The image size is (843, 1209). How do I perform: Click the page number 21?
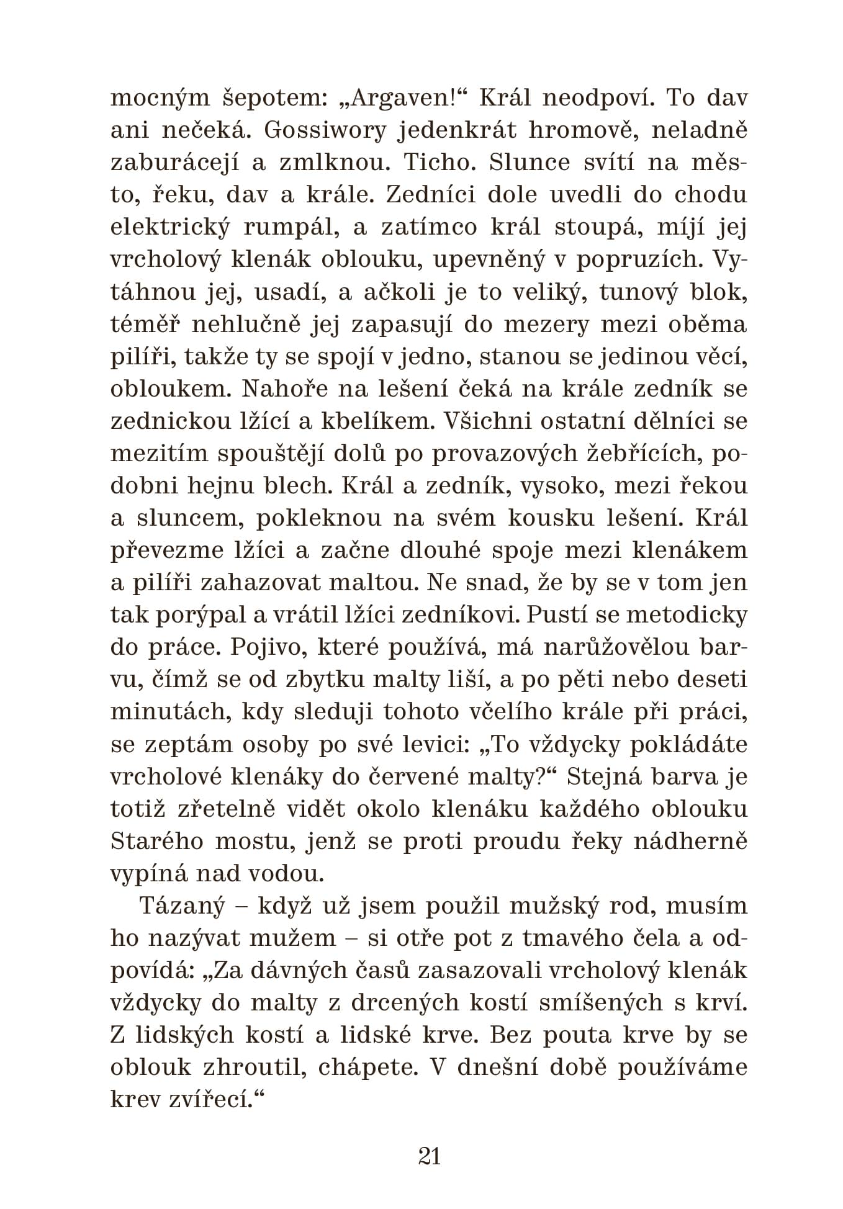pos(430,1157)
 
